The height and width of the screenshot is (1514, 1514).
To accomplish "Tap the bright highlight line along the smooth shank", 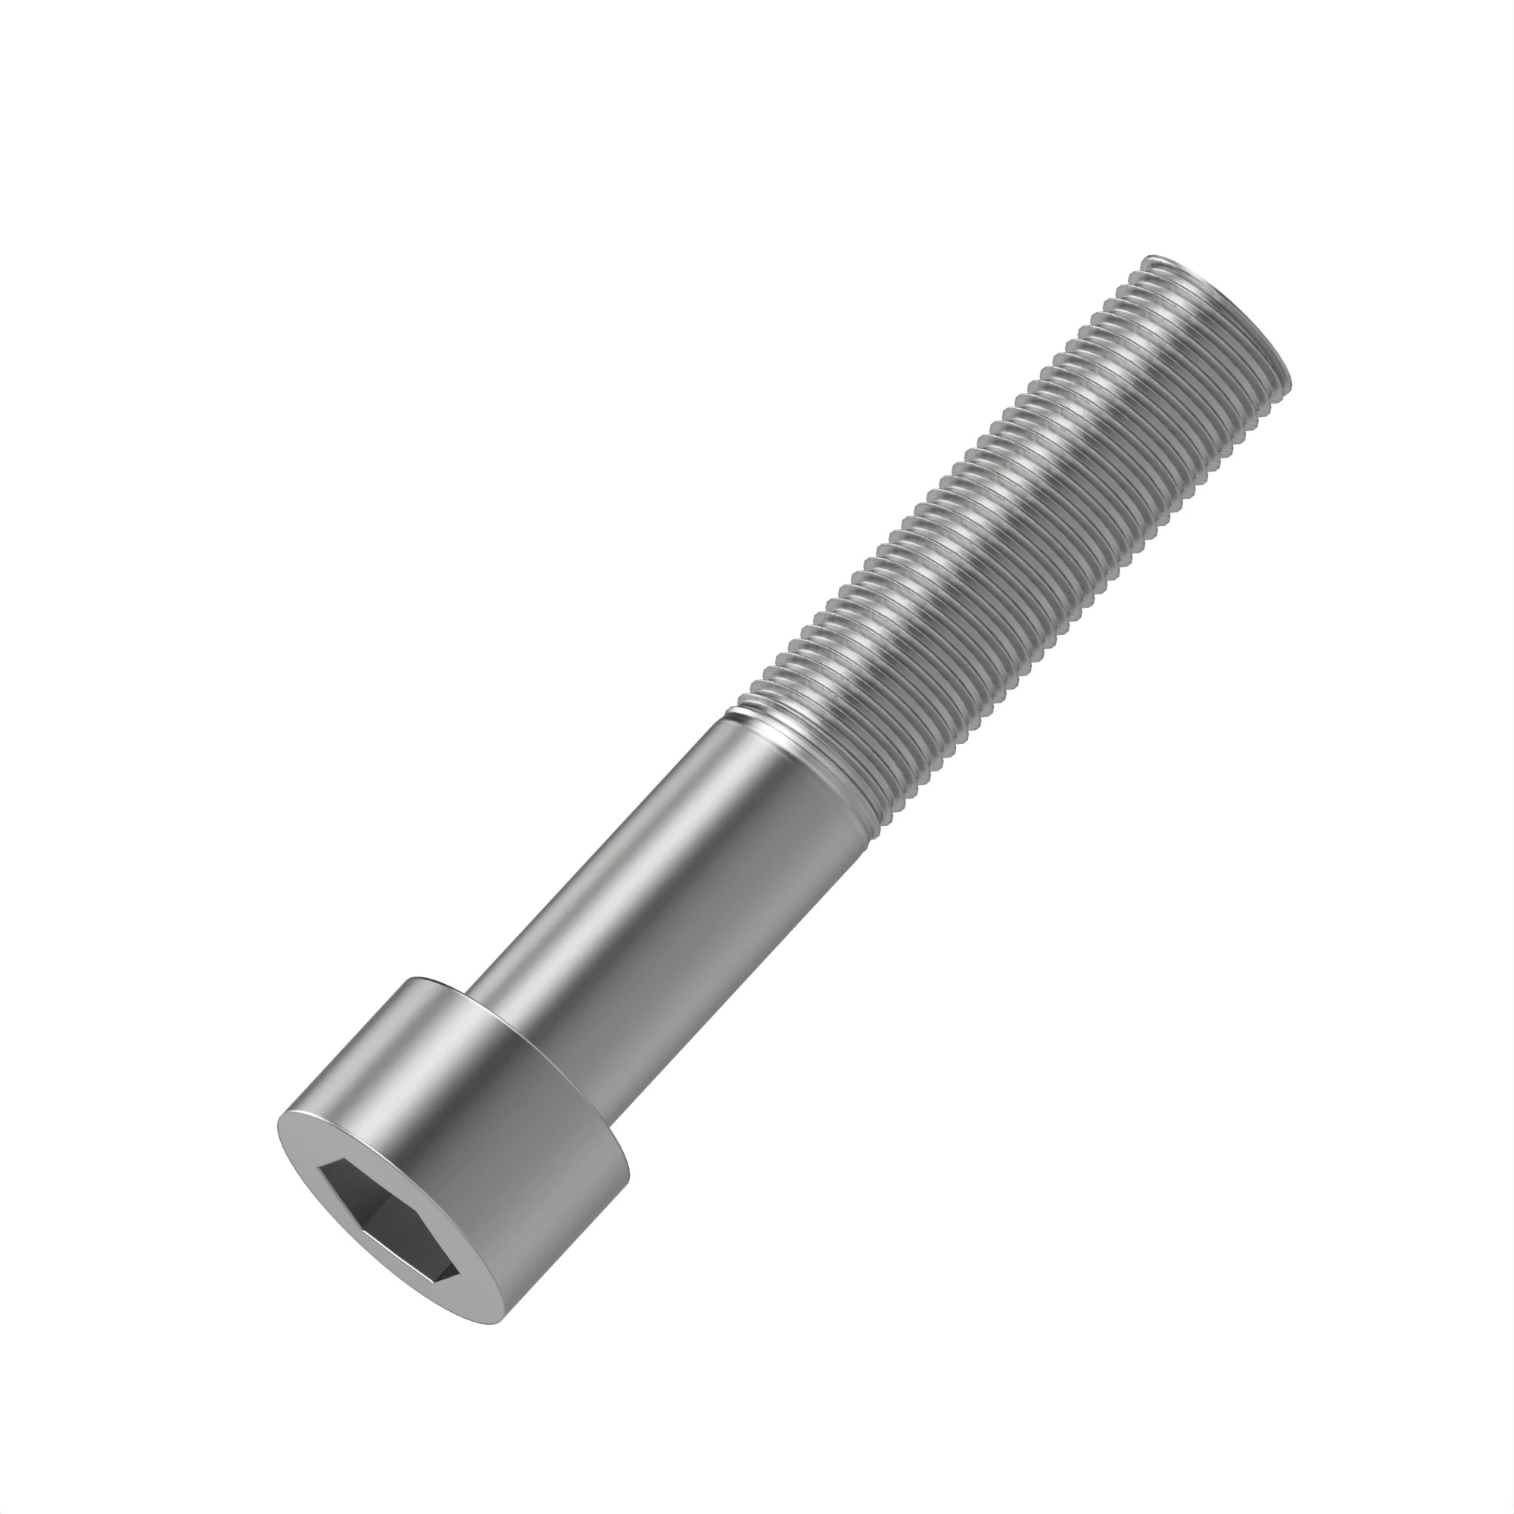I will (x=643, y=846).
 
